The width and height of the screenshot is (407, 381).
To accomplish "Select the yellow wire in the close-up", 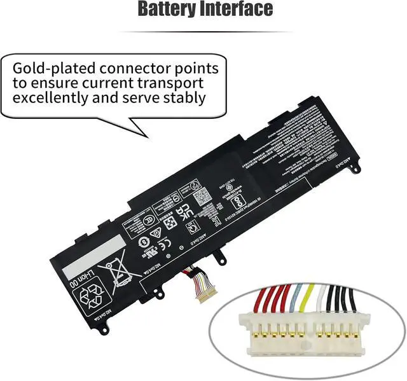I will point(308,297).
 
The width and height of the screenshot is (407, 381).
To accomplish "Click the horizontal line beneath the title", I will point(203,32).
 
